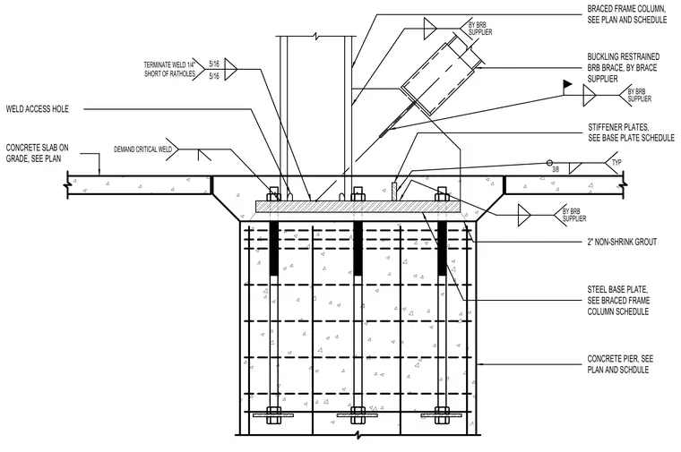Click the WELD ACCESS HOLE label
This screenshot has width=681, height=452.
[x=38, y=109]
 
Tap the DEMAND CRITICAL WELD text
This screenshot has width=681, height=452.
[x=142, y=149]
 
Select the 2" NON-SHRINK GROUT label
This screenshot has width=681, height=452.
[x=622, y=242]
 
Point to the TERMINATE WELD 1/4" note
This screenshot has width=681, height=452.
[x=170, y=70]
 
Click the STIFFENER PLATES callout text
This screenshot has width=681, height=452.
[x=631, y=132]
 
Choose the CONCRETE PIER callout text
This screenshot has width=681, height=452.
[x=620, y=364]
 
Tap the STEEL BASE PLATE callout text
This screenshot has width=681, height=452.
[x=618, y=301]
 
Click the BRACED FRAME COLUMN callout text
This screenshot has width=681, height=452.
[x=627, y=14]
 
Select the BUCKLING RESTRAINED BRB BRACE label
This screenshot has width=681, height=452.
[x=624, y=68]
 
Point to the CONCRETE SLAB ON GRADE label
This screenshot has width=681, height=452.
[x=38, y=153]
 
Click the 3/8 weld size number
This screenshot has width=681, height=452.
[x=556, y=170]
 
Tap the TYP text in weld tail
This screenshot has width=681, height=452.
[x=616, y=163]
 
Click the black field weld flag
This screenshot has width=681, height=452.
[x=567, y=84]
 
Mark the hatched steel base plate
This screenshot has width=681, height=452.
[x=358, y=207]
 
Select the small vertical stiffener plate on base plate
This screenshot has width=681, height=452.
[x=395, y=192]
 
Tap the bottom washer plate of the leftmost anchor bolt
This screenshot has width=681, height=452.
[x=273, y=415]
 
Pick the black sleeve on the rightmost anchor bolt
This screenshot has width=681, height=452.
[x=442, y=249]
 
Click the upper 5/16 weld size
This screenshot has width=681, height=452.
[x=214, y=64]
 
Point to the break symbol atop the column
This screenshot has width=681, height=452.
[x=316, y=37]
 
